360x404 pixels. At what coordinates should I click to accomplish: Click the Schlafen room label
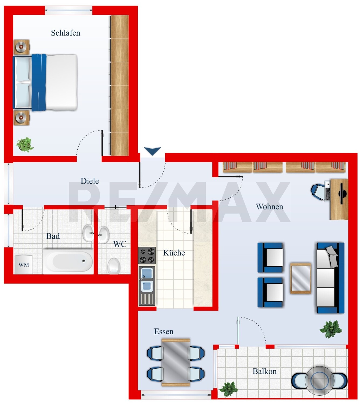pyautogui.click(x=66, y=33)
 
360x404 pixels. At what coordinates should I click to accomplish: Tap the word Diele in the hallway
pyautogui.click(x=90, y=181)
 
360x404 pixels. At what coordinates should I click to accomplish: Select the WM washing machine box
pyautogui.click(x=23, y=264)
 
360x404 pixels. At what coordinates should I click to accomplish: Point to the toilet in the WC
pyautogui.click(x=114, y=266)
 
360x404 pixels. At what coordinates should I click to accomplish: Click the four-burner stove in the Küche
pyautogui.click(x=147, y=255)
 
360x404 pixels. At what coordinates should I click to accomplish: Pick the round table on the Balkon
pyautogui.click(x=320, y=381)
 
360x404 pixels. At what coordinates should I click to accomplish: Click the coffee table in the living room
pyautogui.click(x=300, y=278)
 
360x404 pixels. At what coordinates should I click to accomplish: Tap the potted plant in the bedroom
pyautogui.click(x=25, y=144)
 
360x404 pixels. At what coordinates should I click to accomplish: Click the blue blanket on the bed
pyautogui.click(x=39, y=82)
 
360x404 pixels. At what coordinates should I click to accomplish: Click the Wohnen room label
pyautogui.click(x=270, y=207)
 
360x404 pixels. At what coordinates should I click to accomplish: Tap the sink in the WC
pyautogui.click(x=104, y=235)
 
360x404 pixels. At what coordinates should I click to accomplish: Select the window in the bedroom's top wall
pyautogui.click(x=68, y=10)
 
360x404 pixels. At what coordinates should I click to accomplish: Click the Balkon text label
pyautogui.click(x=265, y=371)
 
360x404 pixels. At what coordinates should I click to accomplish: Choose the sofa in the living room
pyautogui.click(x=330, y=278)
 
